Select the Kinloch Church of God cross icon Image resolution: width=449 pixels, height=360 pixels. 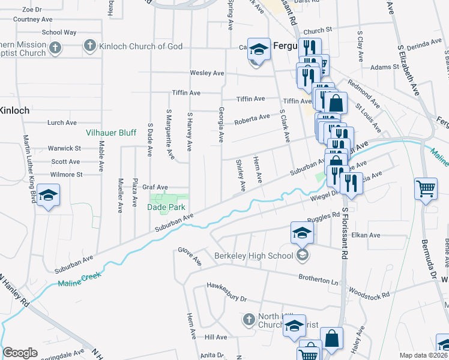click(89, 46)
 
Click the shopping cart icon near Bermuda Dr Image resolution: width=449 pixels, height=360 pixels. click(426, 189)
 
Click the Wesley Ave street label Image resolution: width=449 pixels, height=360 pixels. click(207, 73)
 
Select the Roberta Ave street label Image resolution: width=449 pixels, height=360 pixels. click(252, 118)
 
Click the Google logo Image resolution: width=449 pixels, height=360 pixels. click(19, 353)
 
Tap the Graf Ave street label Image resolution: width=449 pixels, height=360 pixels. click(155, 187)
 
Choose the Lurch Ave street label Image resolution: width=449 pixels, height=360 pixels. click(62, 122)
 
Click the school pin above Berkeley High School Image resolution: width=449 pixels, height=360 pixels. click(302, 233)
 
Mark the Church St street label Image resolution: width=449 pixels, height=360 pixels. click(318, 31)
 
